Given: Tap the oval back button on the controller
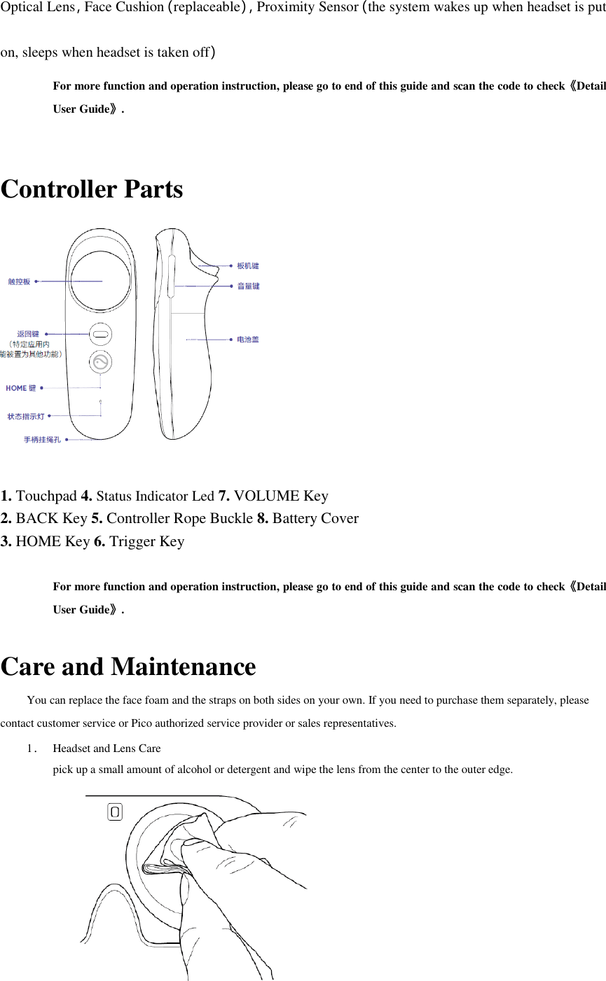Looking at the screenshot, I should click(101, 335).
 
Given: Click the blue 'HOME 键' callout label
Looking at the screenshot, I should click(21, 388).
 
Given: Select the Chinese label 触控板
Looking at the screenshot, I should click(19, 281).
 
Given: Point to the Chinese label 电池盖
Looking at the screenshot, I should click(248, 340).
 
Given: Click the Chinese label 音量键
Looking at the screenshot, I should click(248, 286).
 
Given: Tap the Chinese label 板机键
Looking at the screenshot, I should click(248, 266).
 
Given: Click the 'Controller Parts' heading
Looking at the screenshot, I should click(92, 190).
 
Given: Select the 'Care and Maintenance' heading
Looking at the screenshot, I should click(128, 667).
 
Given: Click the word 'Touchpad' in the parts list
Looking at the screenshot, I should click(46, 496).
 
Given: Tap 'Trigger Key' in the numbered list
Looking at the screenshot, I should click(147, 541).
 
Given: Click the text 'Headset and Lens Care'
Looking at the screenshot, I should click(106, 749).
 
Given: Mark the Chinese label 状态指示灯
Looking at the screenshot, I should click(26, 417).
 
